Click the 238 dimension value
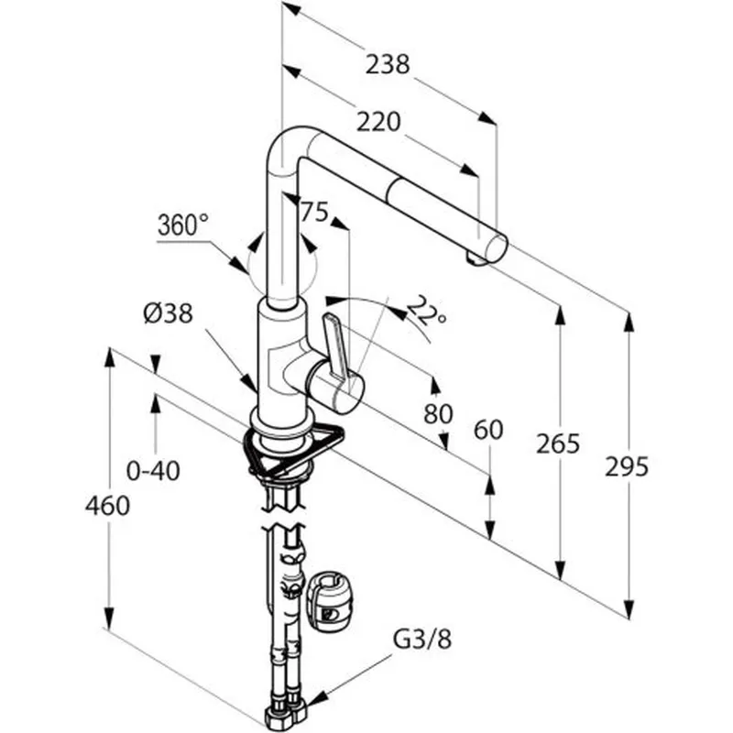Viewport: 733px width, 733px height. coord(388,64)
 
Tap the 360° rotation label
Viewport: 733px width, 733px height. coord(183,224)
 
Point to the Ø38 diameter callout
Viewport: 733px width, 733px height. coord(169,314)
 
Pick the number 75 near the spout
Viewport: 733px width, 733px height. coord(313,213)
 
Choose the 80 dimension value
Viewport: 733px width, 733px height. coord(438,413)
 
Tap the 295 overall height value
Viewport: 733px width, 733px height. coord(628,466)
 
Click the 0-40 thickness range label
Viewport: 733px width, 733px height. coord(153,471)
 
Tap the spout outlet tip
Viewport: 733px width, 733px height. coord(476,259)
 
